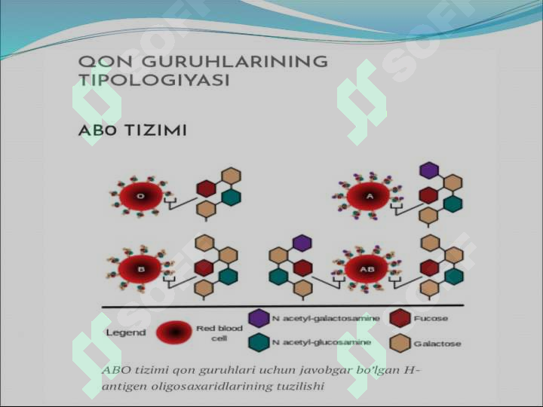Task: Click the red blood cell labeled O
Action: (x=141, y=196)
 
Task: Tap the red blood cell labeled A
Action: (x=369, y=196)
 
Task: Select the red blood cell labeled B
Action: (x=140, y=269)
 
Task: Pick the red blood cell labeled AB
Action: (x=367, y=269)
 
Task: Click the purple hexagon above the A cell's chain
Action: (x=429, y=170)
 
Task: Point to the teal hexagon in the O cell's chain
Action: (x=232, y=197)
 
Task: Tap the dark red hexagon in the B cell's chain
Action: (x=204, y=268)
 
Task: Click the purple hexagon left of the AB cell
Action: (x=302, y=243)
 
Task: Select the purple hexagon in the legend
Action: (x=259, y=318)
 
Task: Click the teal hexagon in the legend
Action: (x=259, y=342)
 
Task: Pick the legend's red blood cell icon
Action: (x=174, y=332)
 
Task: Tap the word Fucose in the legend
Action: (x=431, y=318)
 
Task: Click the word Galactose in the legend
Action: (x=437, y=344)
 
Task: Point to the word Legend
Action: (x=126, y=332)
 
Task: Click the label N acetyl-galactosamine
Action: (x=326, y=318)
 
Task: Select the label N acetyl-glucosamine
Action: (x=321, y=342)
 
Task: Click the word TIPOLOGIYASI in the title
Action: (x=154, y=80)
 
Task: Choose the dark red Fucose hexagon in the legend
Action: (x=400, y=318)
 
